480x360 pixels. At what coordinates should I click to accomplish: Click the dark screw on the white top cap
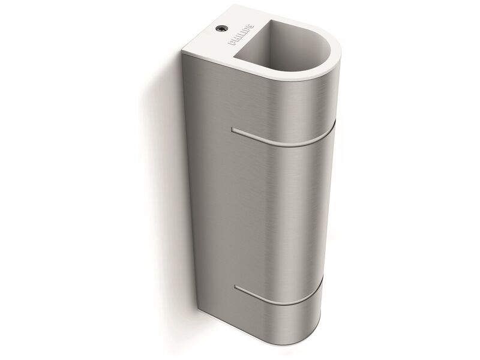coord(221,28)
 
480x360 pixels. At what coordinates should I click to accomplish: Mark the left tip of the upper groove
coord(232,130)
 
